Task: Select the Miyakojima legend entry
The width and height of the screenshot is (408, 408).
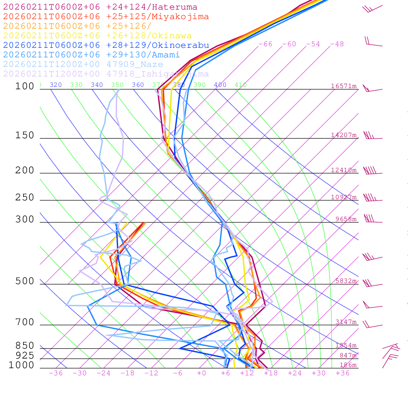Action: point(106,17)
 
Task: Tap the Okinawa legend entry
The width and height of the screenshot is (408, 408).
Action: point(97,36)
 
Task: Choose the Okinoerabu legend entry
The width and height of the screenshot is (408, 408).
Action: point(106,45)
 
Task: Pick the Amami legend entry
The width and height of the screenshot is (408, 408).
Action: point(91,55)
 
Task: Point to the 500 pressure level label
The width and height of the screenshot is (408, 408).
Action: point(25,281)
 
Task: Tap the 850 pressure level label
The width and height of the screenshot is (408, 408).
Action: point(25,346)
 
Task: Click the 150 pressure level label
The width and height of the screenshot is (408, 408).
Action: point(25,135)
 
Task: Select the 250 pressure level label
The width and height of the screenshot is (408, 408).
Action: point(25,198)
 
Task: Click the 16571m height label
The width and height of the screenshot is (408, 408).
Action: point(344,86)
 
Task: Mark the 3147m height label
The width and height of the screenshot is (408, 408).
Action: point(346,322)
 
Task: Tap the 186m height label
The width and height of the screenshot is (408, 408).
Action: point(348,365)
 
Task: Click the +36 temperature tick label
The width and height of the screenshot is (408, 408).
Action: point(343,373)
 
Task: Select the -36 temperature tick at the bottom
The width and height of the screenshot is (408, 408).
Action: point(55,373)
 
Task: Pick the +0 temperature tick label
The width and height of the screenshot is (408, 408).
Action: point(202,373)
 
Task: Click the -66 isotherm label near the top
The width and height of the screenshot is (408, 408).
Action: point(265,44)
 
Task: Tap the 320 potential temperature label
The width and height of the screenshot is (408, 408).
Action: point(56,85)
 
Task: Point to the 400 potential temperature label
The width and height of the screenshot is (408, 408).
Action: point(220,85)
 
